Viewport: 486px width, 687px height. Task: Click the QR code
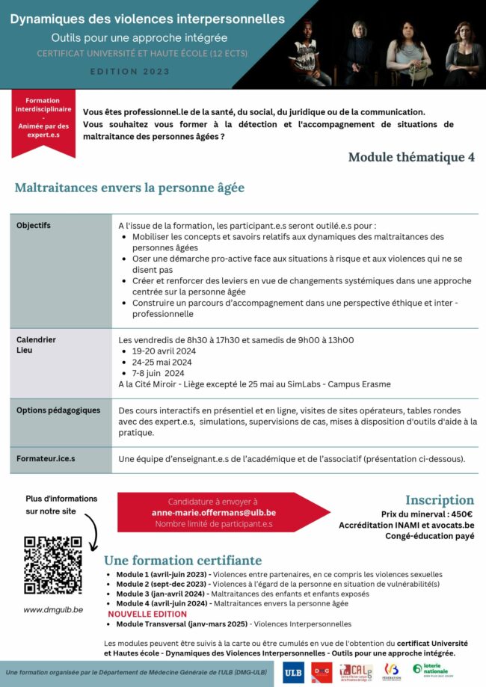(52, 564)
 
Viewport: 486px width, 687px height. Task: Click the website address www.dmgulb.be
(52, 609)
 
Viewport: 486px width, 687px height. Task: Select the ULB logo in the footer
(293, 671)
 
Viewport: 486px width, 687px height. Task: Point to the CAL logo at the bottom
(354, 671)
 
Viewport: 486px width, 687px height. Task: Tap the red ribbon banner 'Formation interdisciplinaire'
(43, 121)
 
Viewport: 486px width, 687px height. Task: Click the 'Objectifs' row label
(34, 225)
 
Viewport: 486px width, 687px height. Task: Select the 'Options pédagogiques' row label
(58, 410)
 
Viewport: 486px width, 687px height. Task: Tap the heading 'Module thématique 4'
(411, 157)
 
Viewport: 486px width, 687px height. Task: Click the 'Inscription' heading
(439, 499)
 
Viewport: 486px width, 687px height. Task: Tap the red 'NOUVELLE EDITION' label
(148, 614)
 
